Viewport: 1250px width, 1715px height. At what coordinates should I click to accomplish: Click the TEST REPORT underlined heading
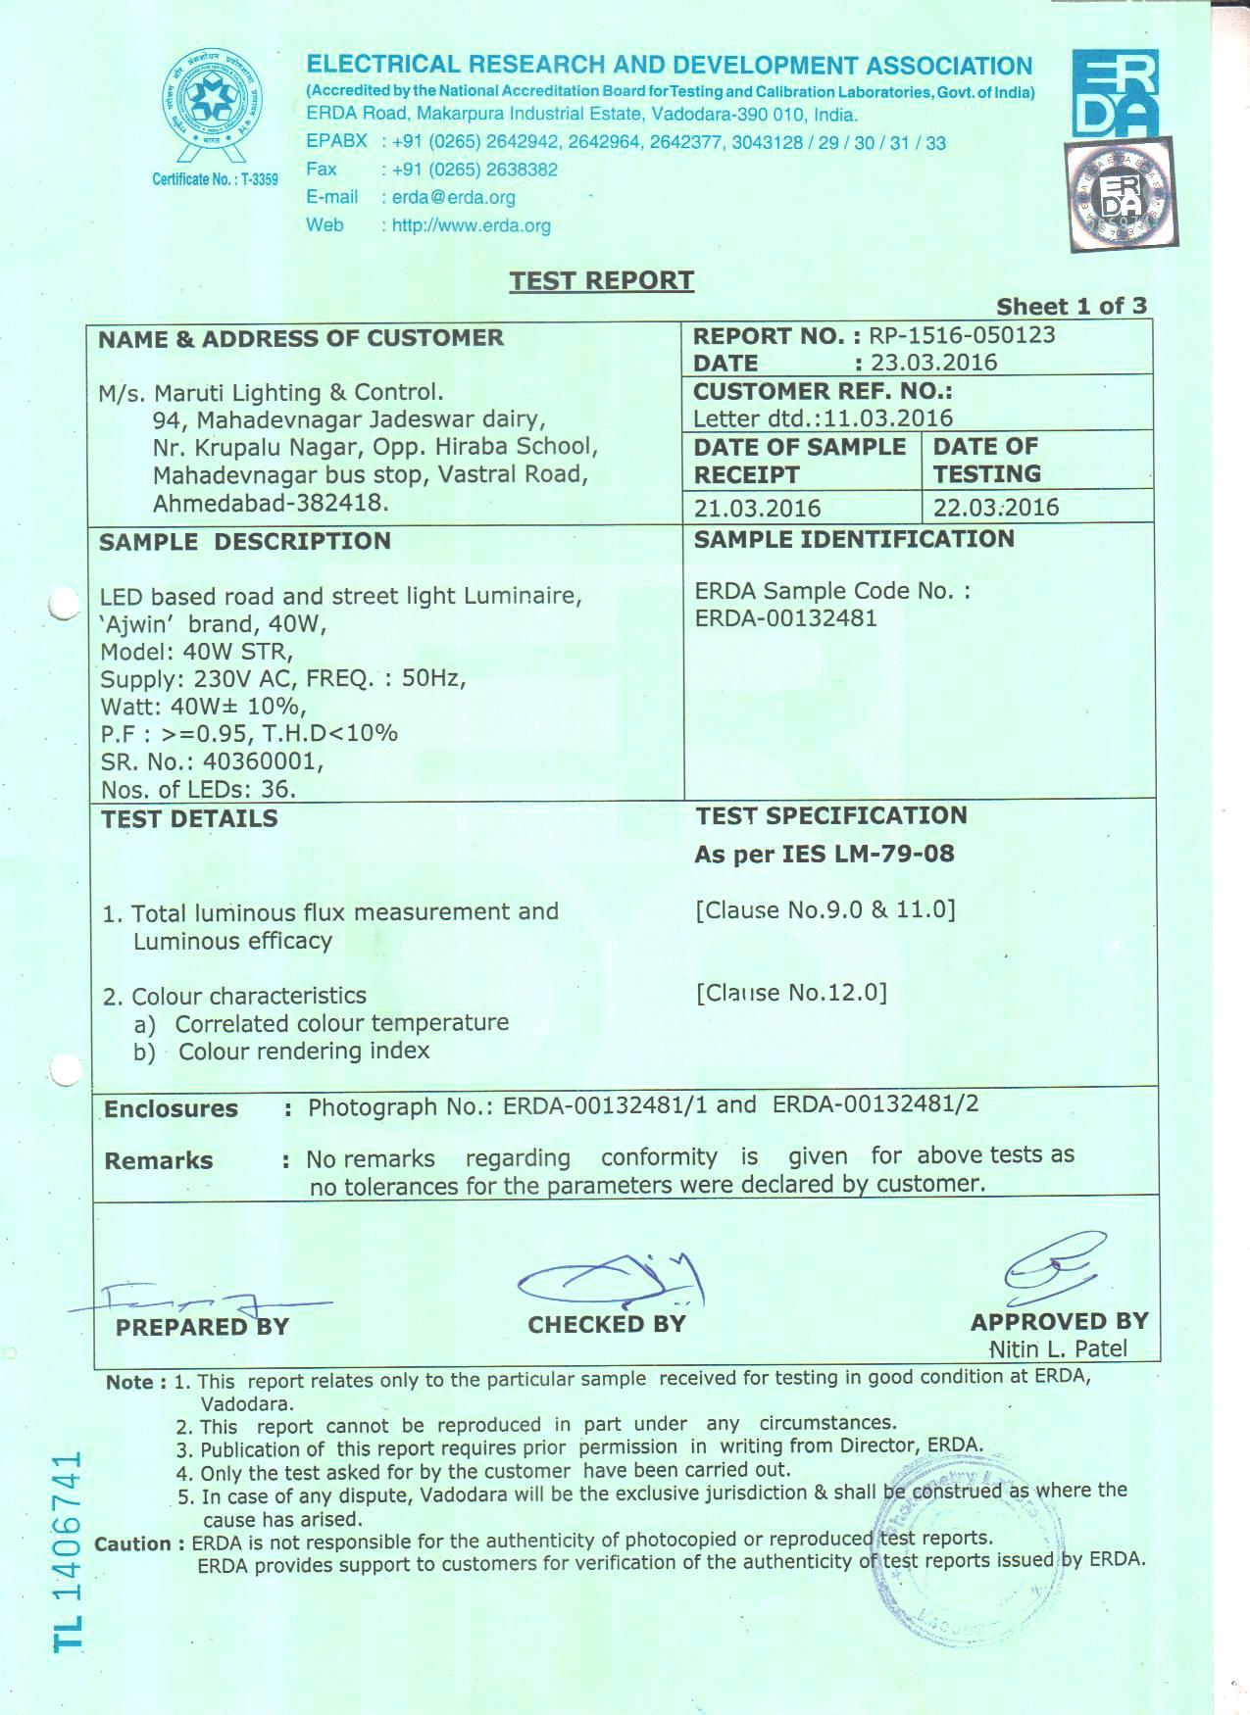tap(601, 281)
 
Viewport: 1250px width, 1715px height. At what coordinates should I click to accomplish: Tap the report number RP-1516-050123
tap(962, 335)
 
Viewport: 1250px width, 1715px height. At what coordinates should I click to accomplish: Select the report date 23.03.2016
tap(933, 363)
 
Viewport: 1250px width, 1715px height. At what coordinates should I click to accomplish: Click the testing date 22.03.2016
tap(996, 508)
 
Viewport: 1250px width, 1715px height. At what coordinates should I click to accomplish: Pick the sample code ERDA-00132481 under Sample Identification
tap(785, 618)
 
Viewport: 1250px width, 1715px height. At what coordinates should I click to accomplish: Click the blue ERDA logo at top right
tap(1115, 93)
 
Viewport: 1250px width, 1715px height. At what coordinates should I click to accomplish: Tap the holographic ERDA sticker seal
tap(1121, 193)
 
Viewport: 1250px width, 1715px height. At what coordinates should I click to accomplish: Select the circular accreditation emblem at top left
tap(213, 101)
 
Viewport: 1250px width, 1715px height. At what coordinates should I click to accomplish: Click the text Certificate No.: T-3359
tap(215, 179)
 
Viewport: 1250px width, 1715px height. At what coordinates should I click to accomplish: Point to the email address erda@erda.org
tap(453, 197)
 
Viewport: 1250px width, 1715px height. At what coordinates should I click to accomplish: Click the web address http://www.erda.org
tap(471, 225)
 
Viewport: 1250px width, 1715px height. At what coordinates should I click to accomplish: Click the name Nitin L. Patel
tap(1058, 1348)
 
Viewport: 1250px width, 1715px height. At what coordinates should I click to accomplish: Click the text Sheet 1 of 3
tap(1071, 307)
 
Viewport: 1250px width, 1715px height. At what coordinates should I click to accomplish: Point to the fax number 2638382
tap(522, 170)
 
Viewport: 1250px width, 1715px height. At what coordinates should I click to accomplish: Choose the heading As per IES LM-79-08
tap(824, 854)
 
